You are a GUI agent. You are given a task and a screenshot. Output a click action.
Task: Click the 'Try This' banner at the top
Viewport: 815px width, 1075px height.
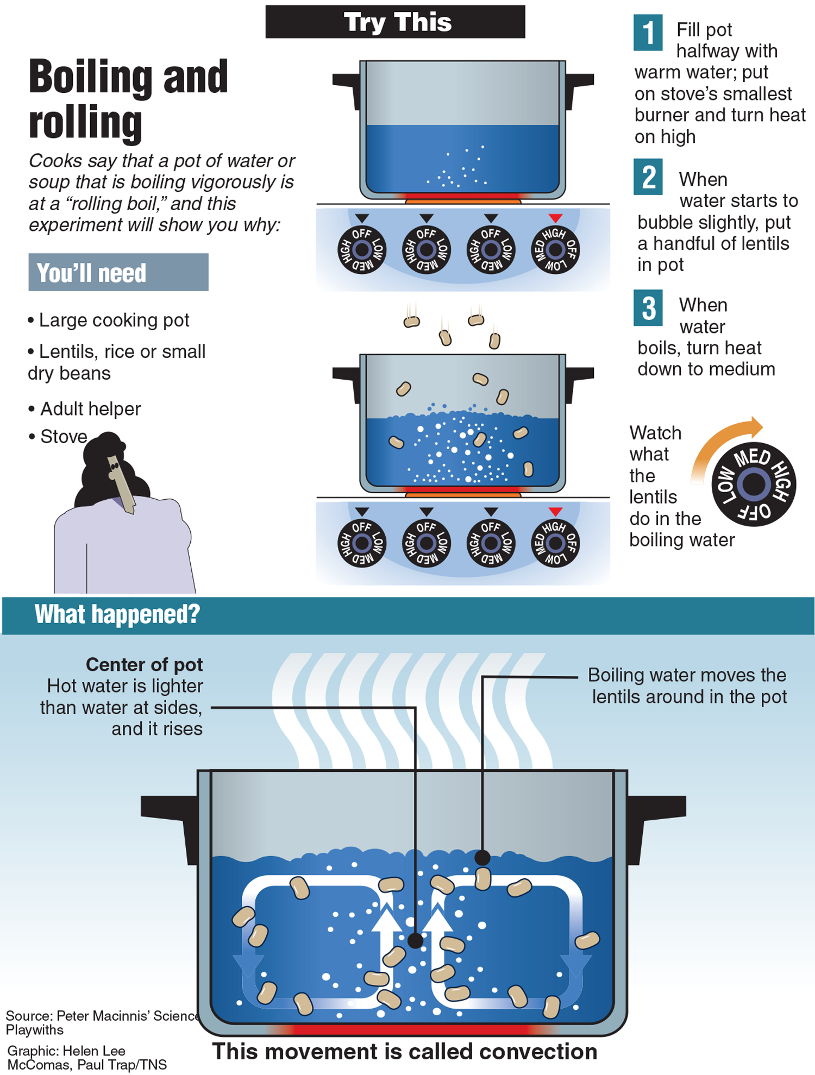point(395,22)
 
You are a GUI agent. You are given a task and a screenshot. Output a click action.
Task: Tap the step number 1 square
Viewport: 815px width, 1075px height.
point(648,33)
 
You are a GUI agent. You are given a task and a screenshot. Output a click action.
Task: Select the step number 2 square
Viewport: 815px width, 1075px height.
point(648,177)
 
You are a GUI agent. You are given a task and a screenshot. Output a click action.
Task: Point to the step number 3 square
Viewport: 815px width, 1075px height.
point(648,308)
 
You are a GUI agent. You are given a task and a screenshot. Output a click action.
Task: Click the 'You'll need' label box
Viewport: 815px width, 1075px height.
point(118,272)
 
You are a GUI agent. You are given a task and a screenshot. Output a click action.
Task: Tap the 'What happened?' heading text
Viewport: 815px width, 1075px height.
point(117,615)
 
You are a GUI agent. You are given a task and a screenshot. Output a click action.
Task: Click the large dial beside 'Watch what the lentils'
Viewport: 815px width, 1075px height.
point(754,484)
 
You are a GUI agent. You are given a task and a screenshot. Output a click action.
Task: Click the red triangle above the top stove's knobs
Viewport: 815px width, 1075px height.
point(555,218)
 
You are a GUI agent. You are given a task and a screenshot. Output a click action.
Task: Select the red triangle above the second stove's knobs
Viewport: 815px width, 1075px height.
point(555,512)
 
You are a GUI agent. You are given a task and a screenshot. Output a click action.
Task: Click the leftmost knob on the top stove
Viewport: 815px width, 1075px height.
point(362,250)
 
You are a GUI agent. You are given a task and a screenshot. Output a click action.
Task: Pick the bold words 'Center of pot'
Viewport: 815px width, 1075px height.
point(144,664)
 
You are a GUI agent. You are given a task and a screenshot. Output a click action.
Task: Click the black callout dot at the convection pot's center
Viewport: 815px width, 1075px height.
point(415,940)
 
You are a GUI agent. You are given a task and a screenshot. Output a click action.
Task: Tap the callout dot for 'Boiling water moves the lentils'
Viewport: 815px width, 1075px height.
point(482,857)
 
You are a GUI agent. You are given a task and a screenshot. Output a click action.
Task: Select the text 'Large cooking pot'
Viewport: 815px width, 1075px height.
point(114,320)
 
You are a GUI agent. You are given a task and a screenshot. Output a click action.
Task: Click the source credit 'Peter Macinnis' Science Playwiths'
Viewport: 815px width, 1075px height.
point(101,1023)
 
